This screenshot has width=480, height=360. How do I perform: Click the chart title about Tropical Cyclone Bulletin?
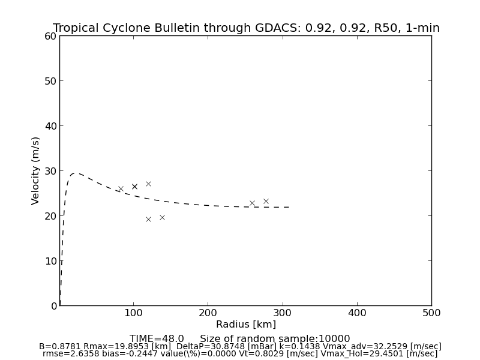coord(246,28)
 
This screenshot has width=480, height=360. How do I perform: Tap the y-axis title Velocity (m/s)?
coord(36,170)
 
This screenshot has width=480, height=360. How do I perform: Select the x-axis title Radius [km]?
coord(246,325)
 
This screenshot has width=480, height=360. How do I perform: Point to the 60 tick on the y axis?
coord(50,36)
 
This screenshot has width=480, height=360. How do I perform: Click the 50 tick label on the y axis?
coord(50,81)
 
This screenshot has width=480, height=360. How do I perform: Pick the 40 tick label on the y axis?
coord(50,126)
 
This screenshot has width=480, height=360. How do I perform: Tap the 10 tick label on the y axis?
coord(50,261)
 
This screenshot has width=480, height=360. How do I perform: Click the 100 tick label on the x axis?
coord(133,313)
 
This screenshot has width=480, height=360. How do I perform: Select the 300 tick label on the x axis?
coord(282,313)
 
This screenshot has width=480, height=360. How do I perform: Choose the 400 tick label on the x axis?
coord(357,313)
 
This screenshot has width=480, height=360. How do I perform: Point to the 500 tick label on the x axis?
coord(431,313)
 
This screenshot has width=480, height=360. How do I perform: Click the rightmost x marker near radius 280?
coord(266,202)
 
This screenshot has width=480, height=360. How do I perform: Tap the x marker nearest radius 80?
coord(120,188)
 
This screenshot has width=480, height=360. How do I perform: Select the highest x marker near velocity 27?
coord(148,184)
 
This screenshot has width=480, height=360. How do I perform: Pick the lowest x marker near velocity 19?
coord(148,219)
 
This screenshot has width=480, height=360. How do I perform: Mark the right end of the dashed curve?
coord(290,207)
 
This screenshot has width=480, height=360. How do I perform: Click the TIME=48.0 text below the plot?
coord(157,339)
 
